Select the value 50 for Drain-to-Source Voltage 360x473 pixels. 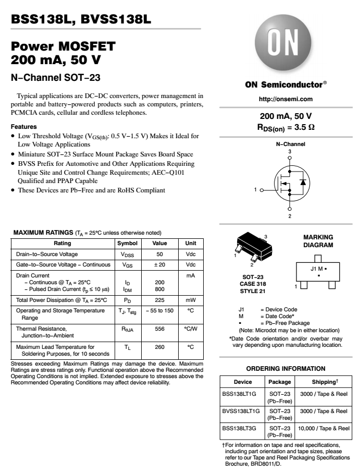(x=159, y=254)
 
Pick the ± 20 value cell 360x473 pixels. (x=159, y=265)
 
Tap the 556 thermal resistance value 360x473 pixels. (x=159, y=329)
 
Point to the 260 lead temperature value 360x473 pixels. (x=159, y=346)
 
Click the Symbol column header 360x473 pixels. (x=127, y=244)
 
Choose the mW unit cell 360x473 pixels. (x=190, y=300)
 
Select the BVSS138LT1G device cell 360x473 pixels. (x=242, y=411)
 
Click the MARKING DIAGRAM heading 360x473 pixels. (x=318, y=241)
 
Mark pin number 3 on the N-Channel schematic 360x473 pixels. (x=290, y=151)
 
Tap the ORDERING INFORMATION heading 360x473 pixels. (x=285, y=368)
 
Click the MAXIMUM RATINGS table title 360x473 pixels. (x=43, y=233)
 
